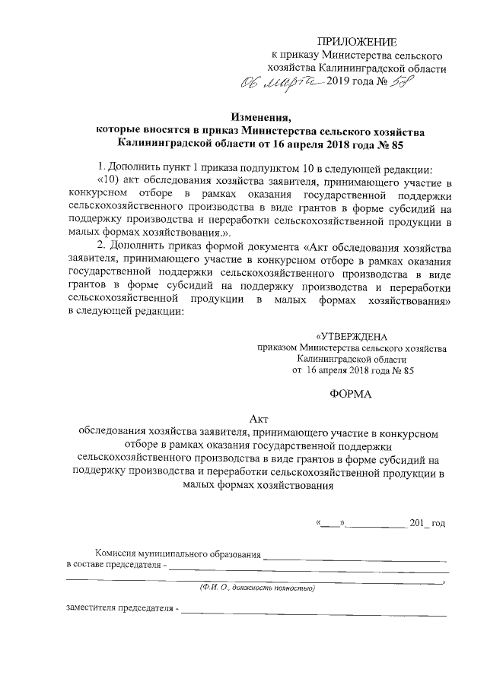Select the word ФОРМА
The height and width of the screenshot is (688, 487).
point(351,395)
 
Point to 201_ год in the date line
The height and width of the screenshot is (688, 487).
point(428,524)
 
